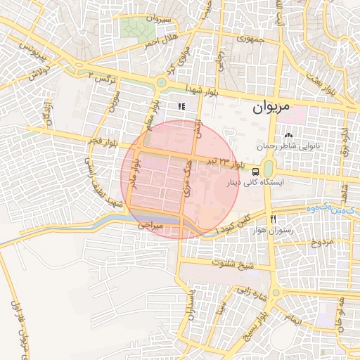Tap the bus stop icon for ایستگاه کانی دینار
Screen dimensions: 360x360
point(255,171)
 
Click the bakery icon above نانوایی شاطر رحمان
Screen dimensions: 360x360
point(288,135)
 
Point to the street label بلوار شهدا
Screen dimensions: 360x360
point(203,91)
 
